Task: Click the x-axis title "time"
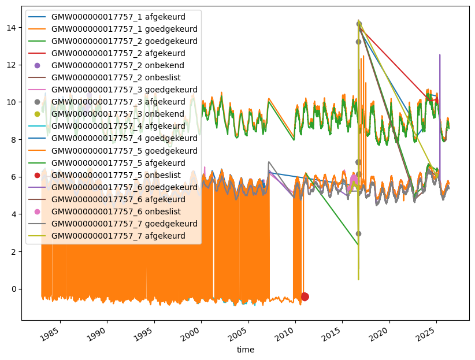coord(246,350)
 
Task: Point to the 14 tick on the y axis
coord(11,28)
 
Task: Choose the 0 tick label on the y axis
coord(14,289)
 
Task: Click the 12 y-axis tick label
coord(11,65)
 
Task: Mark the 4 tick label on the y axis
coord(14,214)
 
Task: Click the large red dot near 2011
coord(305,296)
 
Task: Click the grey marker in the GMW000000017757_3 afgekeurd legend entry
coord(37,102)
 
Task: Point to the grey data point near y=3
coord(358,233)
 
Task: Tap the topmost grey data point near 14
coord(359,24)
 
